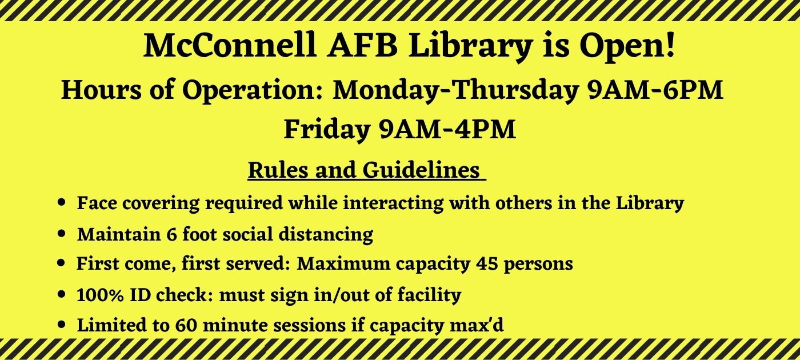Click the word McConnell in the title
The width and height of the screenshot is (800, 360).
click(x=230, y=46)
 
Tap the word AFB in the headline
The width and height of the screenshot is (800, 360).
click(x=362, y=46)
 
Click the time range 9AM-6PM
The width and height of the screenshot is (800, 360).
click(x=655, y=91)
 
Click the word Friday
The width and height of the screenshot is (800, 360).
click(x=326, y=130)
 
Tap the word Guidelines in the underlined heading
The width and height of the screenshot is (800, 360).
click(x=421, y=170)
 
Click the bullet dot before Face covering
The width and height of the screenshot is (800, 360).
click(x=62, y=202)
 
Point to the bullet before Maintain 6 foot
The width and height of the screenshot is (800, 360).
click(x=62, y=234)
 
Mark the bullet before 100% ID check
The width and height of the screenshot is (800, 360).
click(x=62, y=294)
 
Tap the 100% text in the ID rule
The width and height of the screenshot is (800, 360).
click(x=95, y=295)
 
